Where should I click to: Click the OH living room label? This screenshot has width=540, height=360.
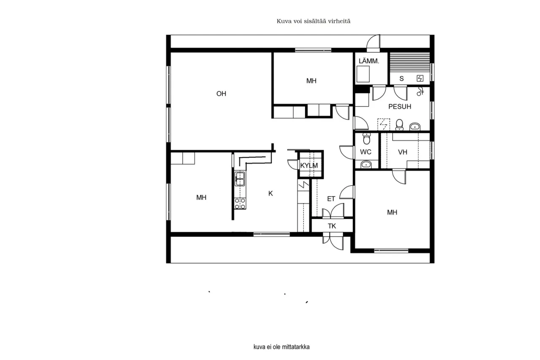click(x=221, y=94)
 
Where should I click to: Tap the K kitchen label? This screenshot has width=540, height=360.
click(x=271, y=194)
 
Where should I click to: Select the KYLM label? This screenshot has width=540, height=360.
click(x=309, y=165)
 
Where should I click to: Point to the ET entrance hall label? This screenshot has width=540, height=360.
click(x=331, y=198)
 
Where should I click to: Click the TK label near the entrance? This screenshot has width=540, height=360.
click(x=332, y=226)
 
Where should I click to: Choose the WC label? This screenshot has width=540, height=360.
click(x=365, y=152)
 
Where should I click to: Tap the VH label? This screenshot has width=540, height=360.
click(x=402, y=152)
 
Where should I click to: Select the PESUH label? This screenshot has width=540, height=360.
click(x=400, y=107)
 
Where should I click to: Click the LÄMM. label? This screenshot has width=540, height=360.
click(x=369, y=61)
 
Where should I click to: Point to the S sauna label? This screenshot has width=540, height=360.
click(x=402, y=78)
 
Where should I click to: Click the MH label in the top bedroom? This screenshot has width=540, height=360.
click(x=311, y=81)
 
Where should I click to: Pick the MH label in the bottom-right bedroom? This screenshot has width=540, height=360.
click(x=392, y=213)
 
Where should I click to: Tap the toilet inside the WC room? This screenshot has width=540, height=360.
click(x=367, y=138)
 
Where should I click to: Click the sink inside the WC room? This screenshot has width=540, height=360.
click(x=366, y=164)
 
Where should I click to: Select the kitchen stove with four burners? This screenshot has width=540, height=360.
click(x=240, y=203)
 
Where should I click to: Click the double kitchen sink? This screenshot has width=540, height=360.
click(x=240, y=179)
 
